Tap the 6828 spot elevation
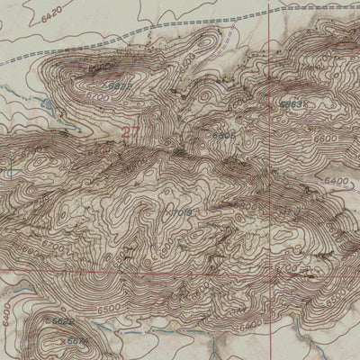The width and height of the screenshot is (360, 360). coord(119,86)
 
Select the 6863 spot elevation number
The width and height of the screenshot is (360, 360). coord(289,104)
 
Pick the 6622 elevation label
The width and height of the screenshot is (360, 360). coord(63,321)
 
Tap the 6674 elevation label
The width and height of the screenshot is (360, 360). coord(79,341)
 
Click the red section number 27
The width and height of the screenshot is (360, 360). coord(130,132)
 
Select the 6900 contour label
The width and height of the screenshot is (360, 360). coord(99,68)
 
